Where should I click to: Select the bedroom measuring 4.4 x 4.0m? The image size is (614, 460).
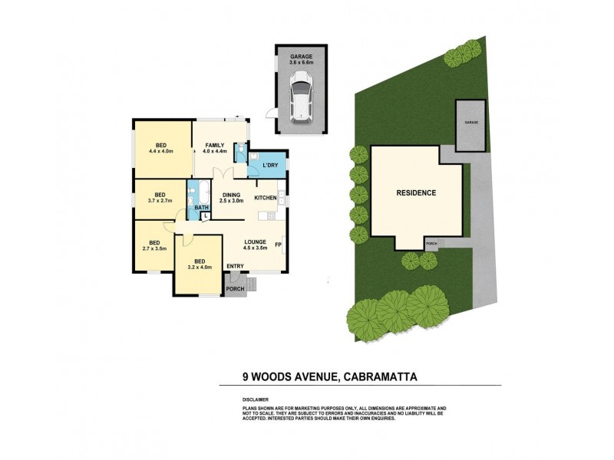coord(162,148)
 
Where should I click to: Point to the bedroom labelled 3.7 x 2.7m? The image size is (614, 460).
coord(160,197)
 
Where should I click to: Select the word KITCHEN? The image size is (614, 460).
coord(265,198)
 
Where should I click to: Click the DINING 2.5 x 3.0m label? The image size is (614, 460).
coord(232,198)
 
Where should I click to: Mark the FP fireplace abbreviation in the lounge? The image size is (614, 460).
coord(279,245)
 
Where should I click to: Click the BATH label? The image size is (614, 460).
coord(202,208)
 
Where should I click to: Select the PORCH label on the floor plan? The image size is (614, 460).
coord(235,289)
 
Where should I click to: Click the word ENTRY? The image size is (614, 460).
coord(236,266)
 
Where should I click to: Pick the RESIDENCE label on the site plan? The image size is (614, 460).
coord(417,192)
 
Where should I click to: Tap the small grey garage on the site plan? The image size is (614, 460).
coord(470,126)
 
